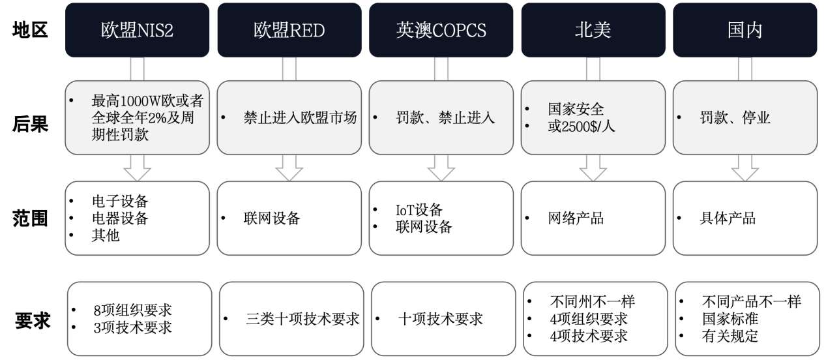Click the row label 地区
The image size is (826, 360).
[30, 30]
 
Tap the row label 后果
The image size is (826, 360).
[30, 124]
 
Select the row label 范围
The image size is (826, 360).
[30, 218]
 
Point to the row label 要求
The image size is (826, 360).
[33, 320]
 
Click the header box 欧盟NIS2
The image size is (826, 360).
[137, 30]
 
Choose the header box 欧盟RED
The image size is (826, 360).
[289, 30]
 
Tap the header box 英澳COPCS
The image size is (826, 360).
[441, 30]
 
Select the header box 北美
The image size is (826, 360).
[593, 30]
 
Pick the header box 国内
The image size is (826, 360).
[745, 30]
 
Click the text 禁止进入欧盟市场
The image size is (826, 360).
[300, 117]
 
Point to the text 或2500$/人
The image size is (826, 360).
[581, 127]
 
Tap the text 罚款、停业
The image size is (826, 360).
[735, 117]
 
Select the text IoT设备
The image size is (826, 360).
[419, 210]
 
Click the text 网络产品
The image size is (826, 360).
[576, 218]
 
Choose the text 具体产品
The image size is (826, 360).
[728, 218]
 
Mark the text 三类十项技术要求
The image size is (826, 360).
[302, 319]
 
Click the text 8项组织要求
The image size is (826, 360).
[133, 310]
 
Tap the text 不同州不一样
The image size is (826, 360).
[592, 302]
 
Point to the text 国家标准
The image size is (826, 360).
[730, 319]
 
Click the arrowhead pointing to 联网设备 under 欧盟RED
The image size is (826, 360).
[289, 174]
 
